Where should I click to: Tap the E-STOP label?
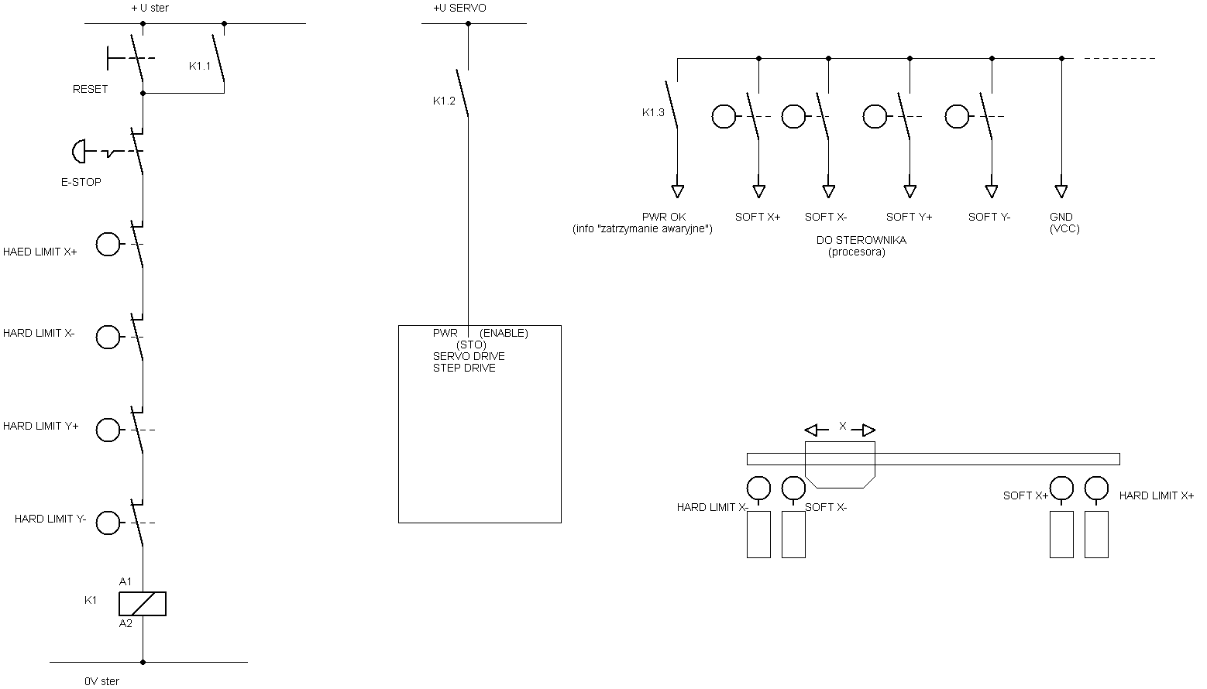click(81, 182)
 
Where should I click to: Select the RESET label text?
click(90, 89)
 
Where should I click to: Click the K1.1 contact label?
click(199, 66)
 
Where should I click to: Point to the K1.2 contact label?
click(444, 101)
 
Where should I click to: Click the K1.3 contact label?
click(653, 112)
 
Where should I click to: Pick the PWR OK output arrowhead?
click(677, 191)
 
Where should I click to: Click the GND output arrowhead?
click(1061, 191)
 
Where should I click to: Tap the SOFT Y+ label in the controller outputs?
click(909, 217)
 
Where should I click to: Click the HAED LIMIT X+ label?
click(40, 252)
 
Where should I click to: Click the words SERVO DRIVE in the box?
click(469, 356)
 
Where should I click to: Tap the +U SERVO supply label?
click(459, 8)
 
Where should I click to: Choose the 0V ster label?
click(101, 681)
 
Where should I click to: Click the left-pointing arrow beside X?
click(817, 430)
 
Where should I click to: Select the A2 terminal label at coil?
click(126, 623)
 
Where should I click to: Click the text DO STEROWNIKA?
click(861, 240)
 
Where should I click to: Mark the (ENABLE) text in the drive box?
click(504, 333)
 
